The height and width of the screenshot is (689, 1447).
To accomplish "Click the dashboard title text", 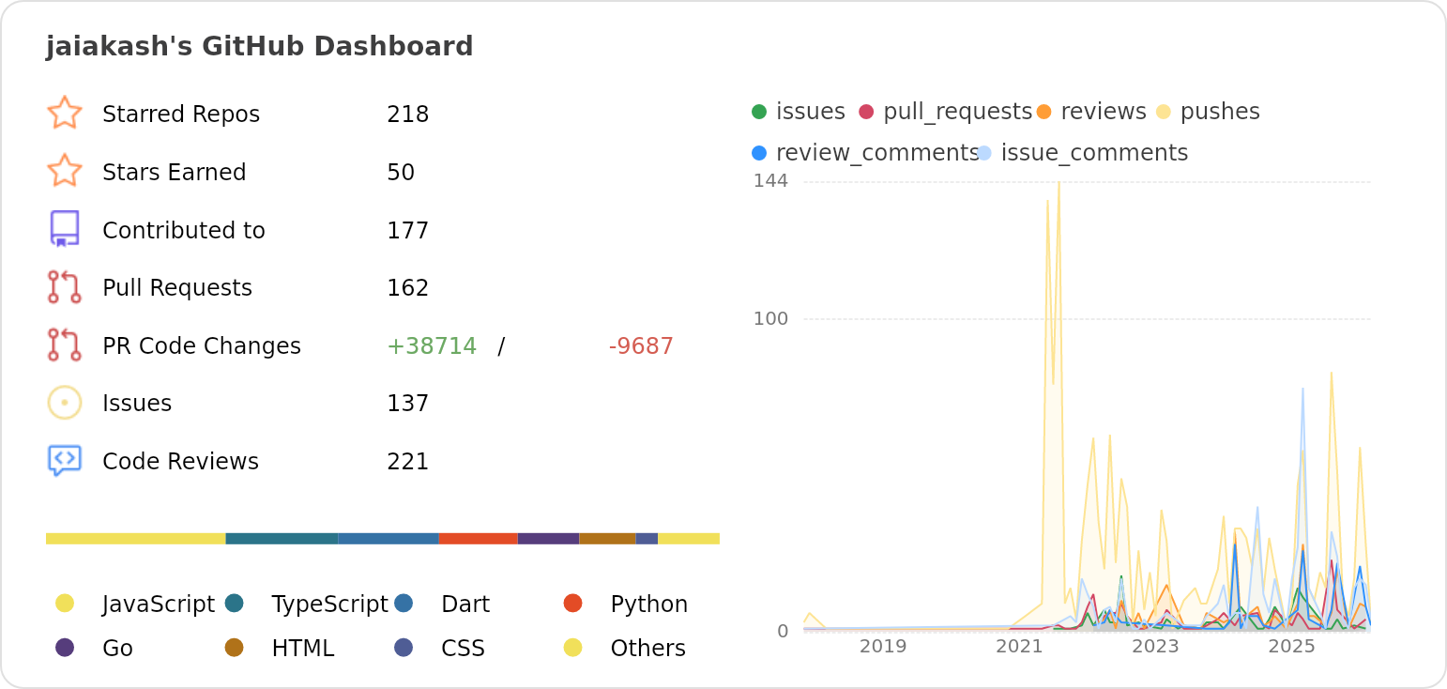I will pyautogui.click(x=259, y=47).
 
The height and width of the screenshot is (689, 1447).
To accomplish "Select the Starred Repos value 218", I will pyautogui.click(x=407, y=115).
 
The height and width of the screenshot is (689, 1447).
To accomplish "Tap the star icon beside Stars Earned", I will pyautogui.click(x=64, y=172).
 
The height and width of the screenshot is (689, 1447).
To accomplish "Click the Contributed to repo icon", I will pyautogui.click(x=64, y=229).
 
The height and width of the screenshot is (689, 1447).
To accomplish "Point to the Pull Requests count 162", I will pyautogui.click(x=407, y=288).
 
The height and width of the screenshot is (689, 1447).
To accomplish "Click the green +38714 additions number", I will pyautogui.click(x=431, y=346).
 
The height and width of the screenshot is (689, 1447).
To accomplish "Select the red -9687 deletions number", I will pyautogui.click(x=641, y=346).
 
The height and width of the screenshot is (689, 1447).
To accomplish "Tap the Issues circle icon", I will pyautogui.click(x=64, y=403).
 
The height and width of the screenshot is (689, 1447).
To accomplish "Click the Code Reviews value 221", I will pyautogui.click(x=407, y=462).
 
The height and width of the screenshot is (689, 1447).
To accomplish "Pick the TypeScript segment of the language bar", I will pyautogui.click(x=282, y=539).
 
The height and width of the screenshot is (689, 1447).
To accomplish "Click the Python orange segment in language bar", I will pyautogui.click(x=478, y=539).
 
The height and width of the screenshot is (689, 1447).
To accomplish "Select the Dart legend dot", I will pyautogui.click(x=404, y=603).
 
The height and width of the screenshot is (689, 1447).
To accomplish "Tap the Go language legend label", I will pyautogui.click(x=117, y=649).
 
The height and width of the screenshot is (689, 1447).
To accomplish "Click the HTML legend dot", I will pyautogui.click(x=234, y=648).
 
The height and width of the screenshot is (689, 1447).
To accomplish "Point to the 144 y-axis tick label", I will pyautogui.click(x=770, y=180).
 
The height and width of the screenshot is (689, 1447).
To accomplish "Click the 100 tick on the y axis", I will pyautogui.click(x=770, y=319).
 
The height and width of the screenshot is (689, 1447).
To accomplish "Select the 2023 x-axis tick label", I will pyautogui.click(x=1155, y=647).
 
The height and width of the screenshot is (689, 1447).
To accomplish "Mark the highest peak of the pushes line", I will pyautogui.click(x=1059, y=183).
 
